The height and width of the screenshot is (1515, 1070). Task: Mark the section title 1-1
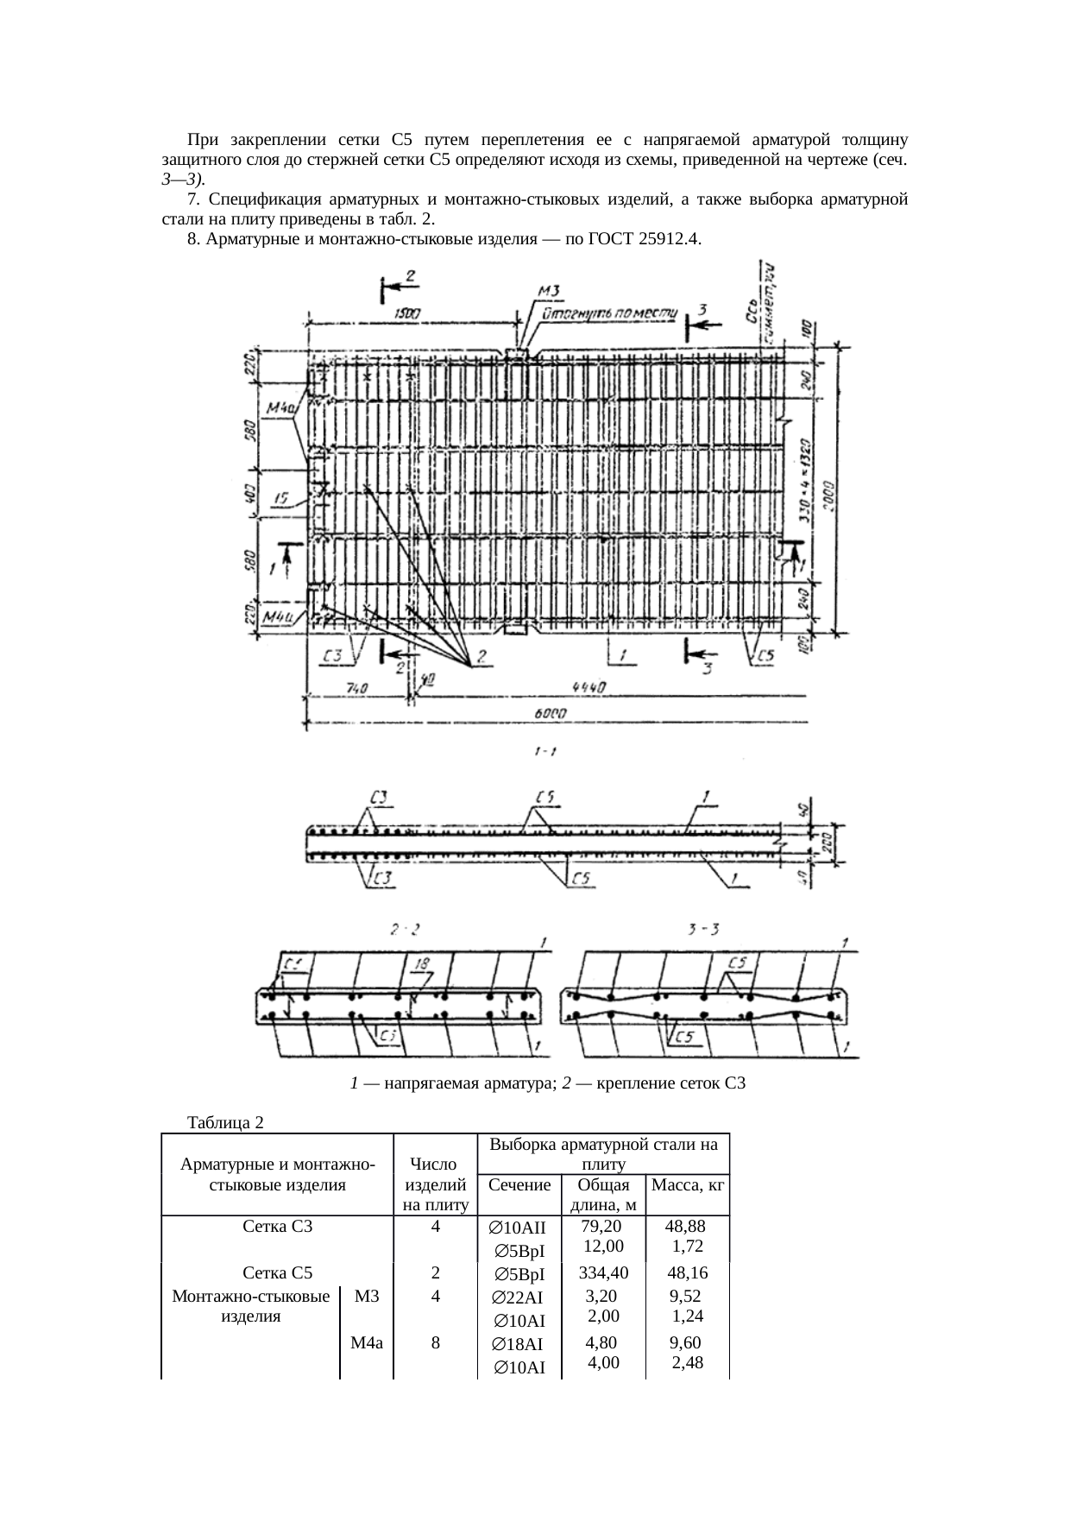544,752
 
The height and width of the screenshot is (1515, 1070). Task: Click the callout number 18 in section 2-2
421,962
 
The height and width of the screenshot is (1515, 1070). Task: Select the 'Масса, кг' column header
688,1185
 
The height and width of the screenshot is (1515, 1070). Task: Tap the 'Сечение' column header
519,1185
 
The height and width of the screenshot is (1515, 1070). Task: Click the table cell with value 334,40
604,1272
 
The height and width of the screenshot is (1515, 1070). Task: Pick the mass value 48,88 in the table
687,1226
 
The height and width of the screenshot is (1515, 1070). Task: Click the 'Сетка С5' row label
277,1272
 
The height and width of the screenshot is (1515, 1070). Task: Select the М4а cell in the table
367,1342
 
